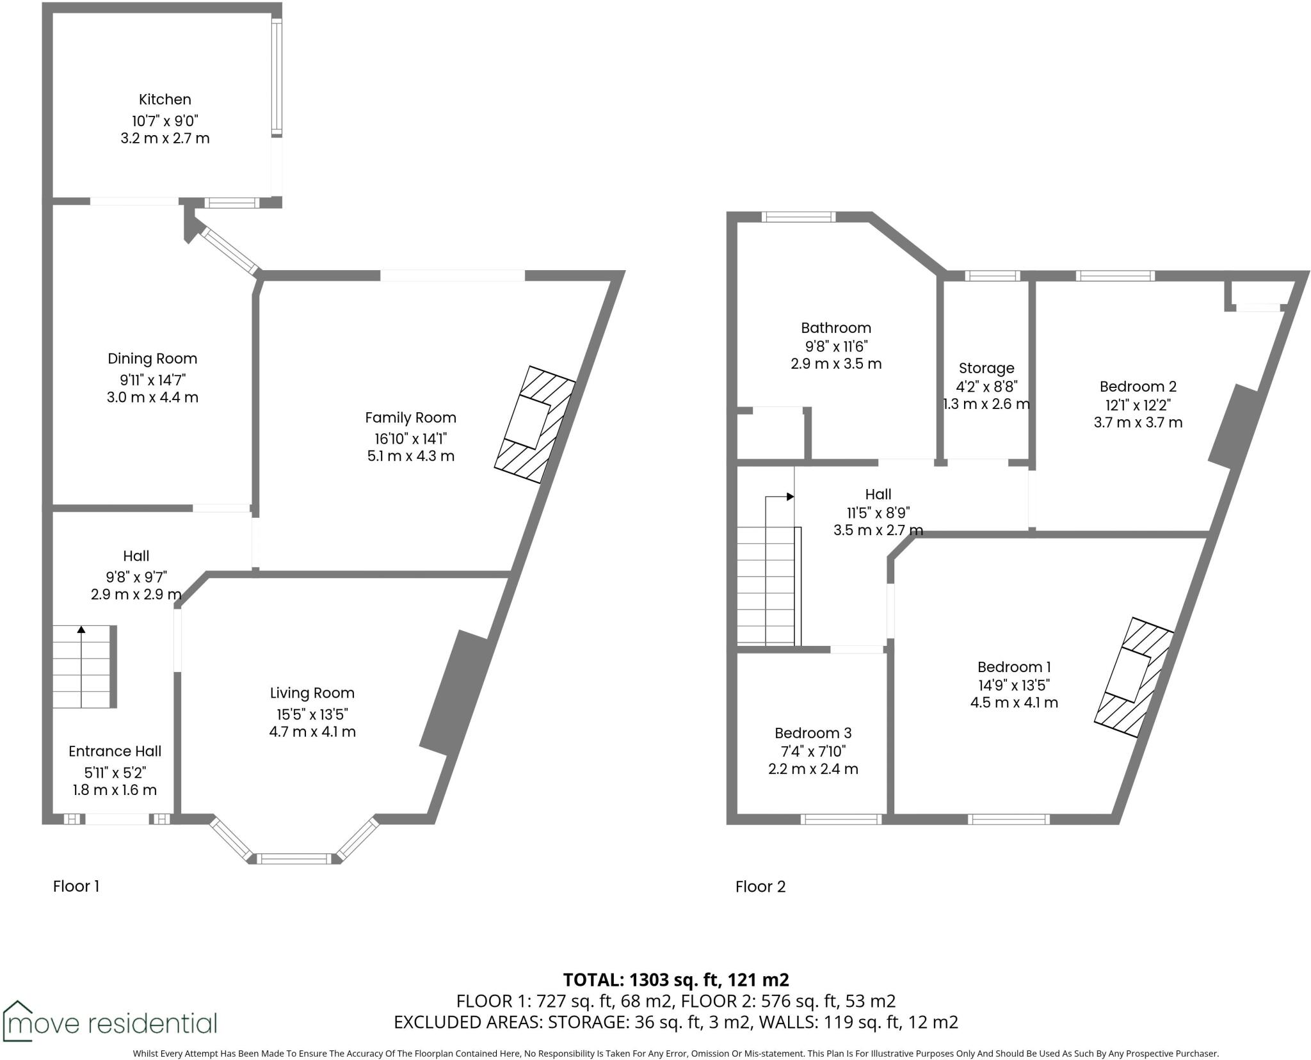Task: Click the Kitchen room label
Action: click(x=165, y=100)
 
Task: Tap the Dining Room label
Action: click(x=152, y=359)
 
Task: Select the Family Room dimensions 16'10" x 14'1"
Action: click(x=410, y=439)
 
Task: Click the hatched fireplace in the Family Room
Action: click(x=535, y=424)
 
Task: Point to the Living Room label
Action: click(x=312, y=693)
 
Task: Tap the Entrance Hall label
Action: click(x=115, y=751)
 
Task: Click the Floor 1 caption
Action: click(x=76, y=887)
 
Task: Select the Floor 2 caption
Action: click(x=760, y=887)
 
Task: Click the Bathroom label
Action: click(x=836, y=328)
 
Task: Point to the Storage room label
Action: click(x=986, y=369)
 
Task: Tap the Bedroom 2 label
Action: click(x=1138, y=387)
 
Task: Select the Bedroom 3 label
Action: click(x=813, y=734)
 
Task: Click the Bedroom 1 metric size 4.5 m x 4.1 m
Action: click(x=1014, y=703)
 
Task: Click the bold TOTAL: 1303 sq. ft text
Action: click(x=676, y=980)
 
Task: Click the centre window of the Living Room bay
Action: click(x=295, y=859)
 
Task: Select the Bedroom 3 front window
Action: click(x=841, y=819)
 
